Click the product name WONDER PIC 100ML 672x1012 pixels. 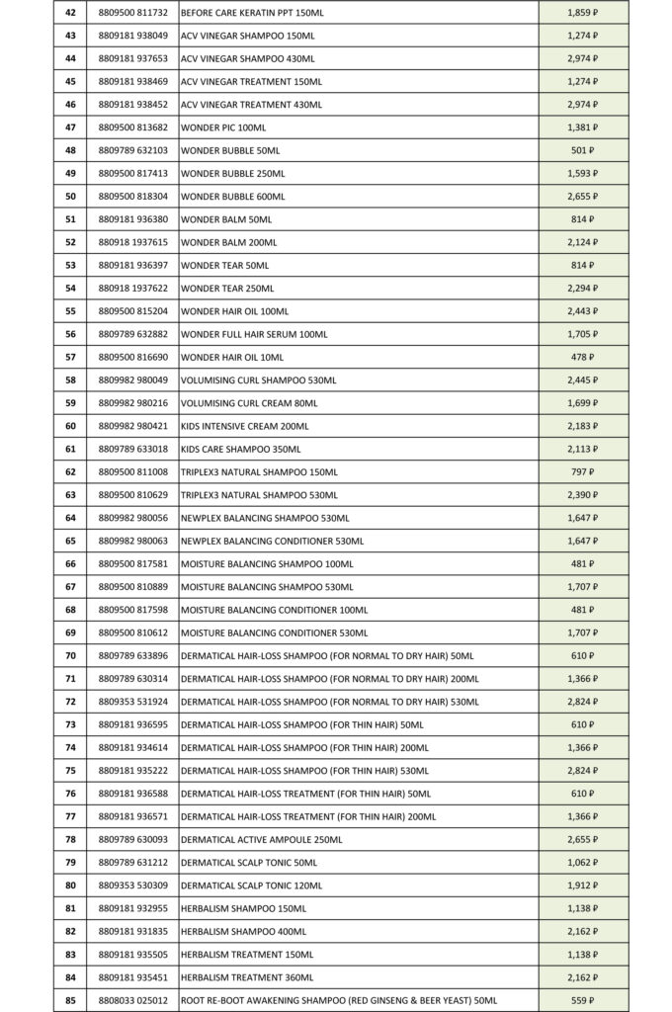point(223,127)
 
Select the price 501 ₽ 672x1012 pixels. point(582,150)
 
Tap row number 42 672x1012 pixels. point(70,12)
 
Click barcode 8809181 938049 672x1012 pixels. point(133,36)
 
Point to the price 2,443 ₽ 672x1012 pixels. point(582,311)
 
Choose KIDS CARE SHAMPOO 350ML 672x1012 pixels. point(233,449)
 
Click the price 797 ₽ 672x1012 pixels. point(582,471)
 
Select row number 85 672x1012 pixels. point(70,1000)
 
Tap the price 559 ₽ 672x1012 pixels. point(582,1000)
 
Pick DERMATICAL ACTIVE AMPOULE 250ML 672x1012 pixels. point(261,839)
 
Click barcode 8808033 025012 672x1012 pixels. point(133,1000)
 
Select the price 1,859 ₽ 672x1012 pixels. point(582,12)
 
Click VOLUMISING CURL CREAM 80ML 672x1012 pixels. point(249,403)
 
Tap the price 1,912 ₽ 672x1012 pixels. point(582,885)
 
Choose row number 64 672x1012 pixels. point(70,518)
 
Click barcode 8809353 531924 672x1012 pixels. point(133,702)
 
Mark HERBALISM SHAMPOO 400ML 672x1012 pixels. point(243,931)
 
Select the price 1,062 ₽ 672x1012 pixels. point(582,862)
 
